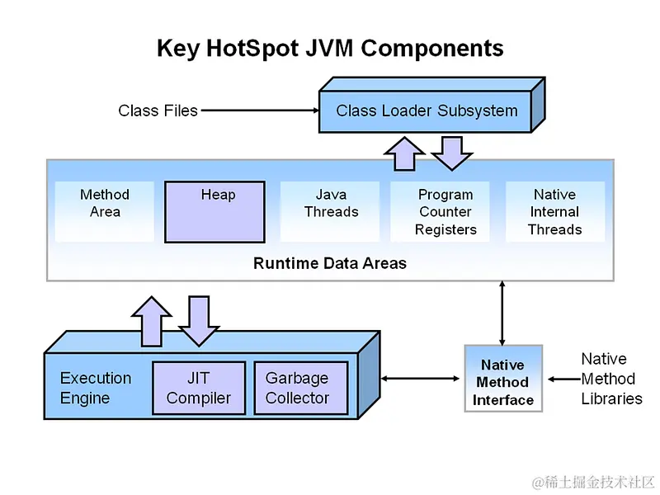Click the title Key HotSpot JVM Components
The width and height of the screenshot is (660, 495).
(x=330, y=48)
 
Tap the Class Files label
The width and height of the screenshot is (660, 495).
(x=158, y=111)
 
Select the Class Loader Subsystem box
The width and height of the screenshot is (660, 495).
(x=427, y=111)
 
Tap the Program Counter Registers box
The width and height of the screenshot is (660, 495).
(x=445, y=212)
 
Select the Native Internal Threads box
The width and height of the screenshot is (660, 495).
(x=554, y=212)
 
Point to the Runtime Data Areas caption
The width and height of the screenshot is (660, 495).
(x=330, y=264)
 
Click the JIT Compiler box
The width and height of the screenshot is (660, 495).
(x=199, y=388)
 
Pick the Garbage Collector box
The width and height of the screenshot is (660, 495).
(x=297, y=388)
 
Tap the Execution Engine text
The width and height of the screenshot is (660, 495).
(x=96, y=388)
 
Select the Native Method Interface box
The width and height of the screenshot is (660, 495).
(x=503, y=382)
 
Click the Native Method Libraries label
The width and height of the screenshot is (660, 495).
(x=611, y=379)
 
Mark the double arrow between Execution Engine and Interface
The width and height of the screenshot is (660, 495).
(x=421, y=379)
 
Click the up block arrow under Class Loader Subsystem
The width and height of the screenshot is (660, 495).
(x=404, y=153)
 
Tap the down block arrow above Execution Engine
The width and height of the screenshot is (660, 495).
(x=198, y=322)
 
